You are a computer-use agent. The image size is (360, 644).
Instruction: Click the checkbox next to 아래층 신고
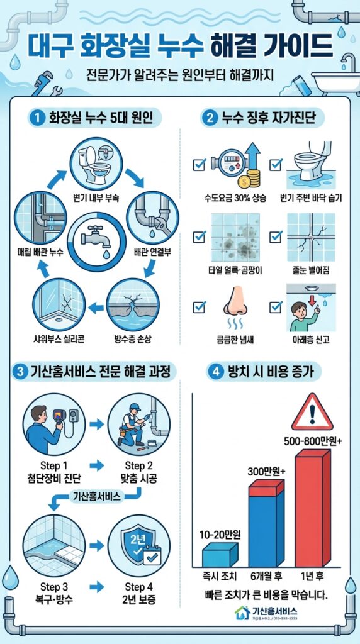click(x=275, y=307)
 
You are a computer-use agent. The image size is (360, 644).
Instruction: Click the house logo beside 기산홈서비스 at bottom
click(x=242, y=613)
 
